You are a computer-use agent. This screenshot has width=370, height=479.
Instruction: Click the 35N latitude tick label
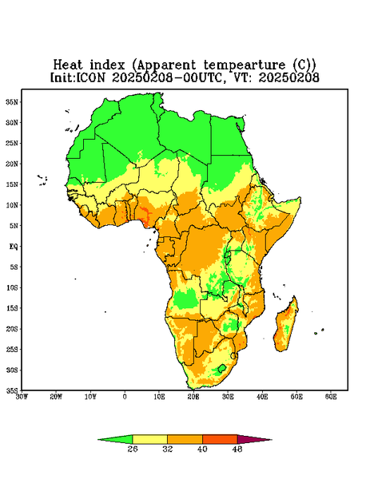tap(12, 102)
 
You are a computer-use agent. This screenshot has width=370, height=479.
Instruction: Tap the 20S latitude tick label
tap(12, 329)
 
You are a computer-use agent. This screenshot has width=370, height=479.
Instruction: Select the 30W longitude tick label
tap(22, 397)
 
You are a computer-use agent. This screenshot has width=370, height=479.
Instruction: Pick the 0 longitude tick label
tap(125, 397)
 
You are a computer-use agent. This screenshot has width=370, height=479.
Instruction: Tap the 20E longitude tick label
tap(193, 397)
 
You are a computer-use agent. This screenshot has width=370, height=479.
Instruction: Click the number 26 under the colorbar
tap(133, 449)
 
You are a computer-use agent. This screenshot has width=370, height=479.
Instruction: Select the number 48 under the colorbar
tap(237, 449)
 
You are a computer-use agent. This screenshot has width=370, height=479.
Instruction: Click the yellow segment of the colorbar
tap(149, 439)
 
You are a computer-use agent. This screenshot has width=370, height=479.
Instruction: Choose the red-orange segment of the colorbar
tap(220, 439)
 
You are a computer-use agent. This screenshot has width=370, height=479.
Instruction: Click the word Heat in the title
tap(68, 65)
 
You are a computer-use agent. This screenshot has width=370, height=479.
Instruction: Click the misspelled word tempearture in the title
tap(244, 65)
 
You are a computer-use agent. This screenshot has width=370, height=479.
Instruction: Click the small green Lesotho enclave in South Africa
tap(221, 368)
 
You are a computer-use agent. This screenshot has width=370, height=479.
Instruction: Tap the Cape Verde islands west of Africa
tap(42, 180)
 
